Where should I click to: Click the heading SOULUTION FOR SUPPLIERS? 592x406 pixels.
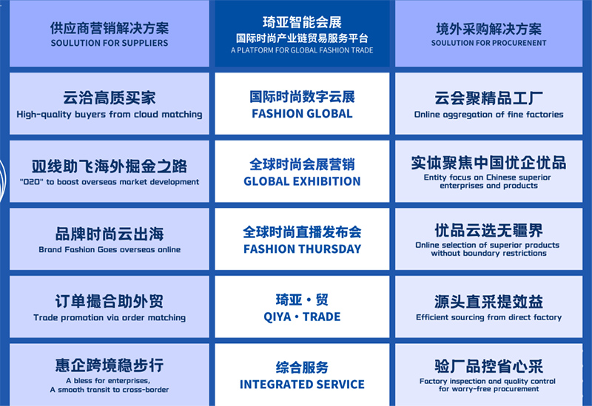pyautogui.click(x=110, y=43)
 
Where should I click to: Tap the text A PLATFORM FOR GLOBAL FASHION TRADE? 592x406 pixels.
pyautogui.click(x=302, y=50)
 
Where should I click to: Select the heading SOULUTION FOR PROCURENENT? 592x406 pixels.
pyautogui.click(x=489, y=43)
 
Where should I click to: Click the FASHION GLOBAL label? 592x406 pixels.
pyautogui.click(x=302, y=114)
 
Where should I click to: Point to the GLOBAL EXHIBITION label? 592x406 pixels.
pyautogui.click(x=302, y=181)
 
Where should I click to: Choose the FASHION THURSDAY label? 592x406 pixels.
pyautogui.click(x=302, y=249)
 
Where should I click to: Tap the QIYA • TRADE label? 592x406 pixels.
pyautogui.click(x=302, y=317)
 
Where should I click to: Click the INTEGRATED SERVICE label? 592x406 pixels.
pyautogui.click(x=302, y=385)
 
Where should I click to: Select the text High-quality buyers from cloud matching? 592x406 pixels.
pyautogui.click(x=110, y=115)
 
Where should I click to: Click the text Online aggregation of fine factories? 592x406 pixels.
pyautogui.click(x=489, y=115)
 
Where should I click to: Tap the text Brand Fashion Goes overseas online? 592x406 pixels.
pyautogui.click(x=110, y=249)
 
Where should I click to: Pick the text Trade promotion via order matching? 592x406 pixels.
pyautogui.click(x=110, y=318)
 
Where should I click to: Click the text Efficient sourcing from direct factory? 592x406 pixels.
pyautogui.click(x=489, y=317)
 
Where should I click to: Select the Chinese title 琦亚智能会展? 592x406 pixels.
pyautogui.click(x=302, y=23)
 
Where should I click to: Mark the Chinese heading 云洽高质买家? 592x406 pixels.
pyautogui.click(x=110, y=98)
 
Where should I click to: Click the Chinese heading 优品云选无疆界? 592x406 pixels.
pyautogui.click(x=489, y=230)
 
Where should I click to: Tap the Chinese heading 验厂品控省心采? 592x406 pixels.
pyautogui.click(x=489, y=366)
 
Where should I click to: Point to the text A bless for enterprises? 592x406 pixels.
pyautogui.click(x=108, y=381)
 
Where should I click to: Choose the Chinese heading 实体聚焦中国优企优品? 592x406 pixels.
pyautogui.click(x=489, y=163)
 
